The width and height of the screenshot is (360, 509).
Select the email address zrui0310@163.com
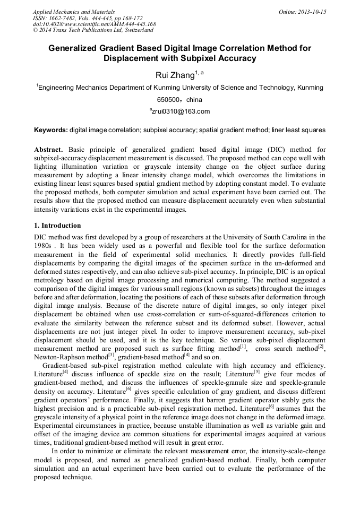pyautogui.click(x=181, y=111)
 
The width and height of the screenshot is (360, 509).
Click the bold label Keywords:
pyautogui.click(x=51, y=130)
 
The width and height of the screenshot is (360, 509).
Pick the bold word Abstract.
pyautogui.click(x=48, y=149)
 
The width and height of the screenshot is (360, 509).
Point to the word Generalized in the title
pyautogui.click(x=73, y=48)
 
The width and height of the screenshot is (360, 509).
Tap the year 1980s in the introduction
pyautogui.click(x=44, y=246)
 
